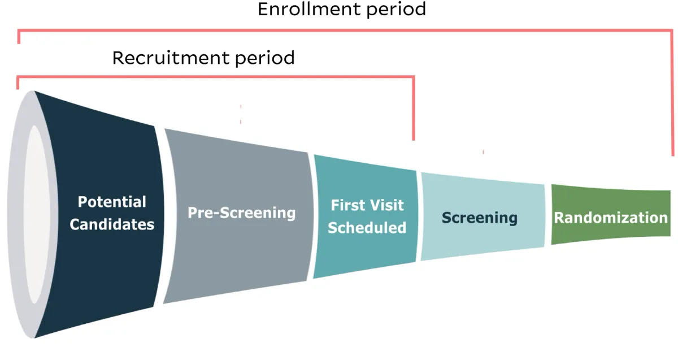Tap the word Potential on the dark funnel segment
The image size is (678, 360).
111,202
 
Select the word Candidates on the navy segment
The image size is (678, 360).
111,224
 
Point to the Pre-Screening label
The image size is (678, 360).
241,212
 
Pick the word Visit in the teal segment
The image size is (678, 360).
387,205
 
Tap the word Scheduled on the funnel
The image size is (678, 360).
367,227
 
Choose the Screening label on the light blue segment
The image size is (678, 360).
479,218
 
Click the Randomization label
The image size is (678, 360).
610,218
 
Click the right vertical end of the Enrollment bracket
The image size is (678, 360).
672,96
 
